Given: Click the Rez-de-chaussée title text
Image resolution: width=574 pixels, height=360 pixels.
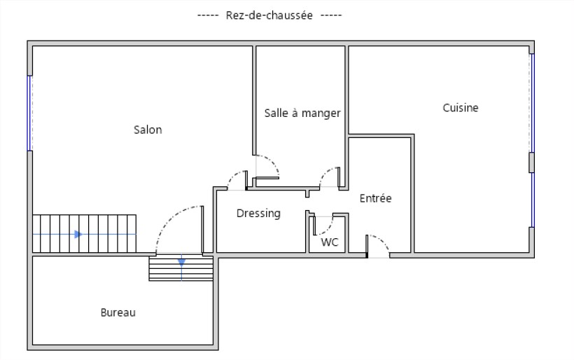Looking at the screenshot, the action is tap(269, 15).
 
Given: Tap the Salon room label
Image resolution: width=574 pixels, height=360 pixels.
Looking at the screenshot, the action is tap(148, 130).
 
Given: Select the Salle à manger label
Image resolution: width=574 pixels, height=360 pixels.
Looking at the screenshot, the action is tap(302, 113).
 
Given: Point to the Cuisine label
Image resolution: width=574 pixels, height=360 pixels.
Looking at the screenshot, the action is tap(461, 108).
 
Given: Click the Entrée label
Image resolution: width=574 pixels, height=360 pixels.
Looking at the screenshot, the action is tap(376, 198).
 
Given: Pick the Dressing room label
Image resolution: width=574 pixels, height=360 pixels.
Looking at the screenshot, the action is tap(258, 213).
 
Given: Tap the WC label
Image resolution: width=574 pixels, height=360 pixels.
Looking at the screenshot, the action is tap(330, 242).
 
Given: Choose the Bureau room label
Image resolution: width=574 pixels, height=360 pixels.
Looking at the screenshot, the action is tap(118, 312).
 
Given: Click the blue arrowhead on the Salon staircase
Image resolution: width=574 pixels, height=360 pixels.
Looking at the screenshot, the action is tap(78, 234).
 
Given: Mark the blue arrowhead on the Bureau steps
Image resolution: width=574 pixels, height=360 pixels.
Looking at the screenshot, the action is tap(181, 262).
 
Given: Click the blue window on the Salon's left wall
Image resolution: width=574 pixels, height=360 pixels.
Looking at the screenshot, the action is tap(29, 113).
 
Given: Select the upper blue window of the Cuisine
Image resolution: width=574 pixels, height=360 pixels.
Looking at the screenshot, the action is tap(532, 103).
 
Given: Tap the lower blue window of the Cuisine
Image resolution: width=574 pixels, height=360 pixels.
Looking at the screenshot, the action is tap(532, 200).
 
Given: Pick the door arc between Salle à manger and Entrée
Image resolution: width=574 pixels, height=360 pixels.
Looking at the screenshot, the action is tap(324, 172).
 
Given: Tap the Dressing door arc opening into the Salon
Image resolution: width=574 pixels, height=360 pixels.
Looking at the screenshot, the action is tap(232, 176).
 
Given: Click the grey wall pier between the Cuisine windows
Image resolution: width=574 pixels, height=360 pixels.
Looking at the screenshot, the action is tap(531, 162).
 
